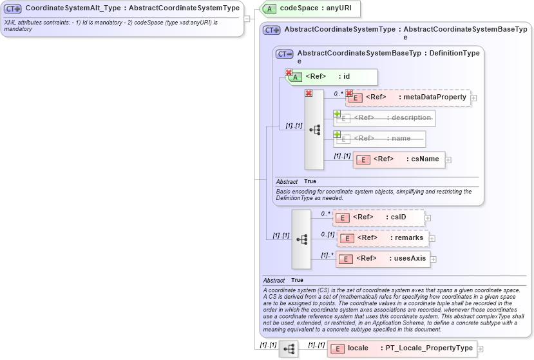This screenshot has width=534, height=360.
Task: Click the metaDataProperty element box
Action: click(x=408, y=97)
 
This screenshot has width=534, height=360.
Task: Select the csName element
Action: click(x=399, y=159)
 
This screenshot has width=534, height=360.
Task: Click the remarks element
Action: click(x=383, y=238)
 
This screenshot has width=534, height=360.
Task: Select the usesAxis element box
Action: click(x=383, y=259)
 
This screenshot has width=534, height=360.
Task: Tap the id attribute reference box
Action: click(x=331, y=77)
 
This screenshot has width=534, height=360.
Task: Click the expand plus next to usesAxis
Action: click(x=434, y=259)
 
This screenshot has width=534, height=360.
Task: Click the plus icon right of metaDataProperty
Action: click(x=474, y=97)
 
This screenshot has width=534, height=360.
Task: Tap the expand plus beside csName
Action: click(x=448, y=159)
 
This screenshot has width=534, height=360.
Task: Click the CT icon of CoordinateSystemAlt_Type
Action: click(x=13, y=9)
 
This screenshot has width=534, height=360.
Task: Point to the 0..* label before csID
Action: click(x=325, y=214)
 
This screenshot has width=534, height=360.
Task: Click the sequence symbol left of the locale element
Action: click(x=289, y=349)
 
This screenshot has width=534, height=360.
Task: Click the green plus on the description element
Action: click(x=337, y=114)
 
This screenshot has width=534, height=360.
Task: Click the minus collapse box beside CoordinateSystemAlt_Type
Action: click(x=247, y=18)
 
